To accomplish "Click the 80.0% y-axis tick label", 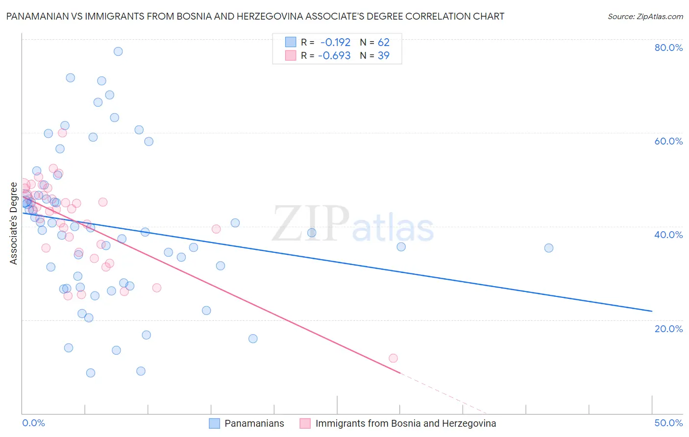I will pyautogui.click(x=668, y=48).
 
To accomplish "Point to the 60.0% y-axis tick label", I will pyautogui.click(x=668, y=141).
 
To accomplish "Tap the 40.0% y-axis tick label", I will pyautogui.click(x=668, y=235).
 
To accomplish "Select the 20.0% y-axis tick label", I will pyautogui.click(x=668, y=329).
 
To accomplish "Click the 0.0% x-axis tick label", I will pyautogui.click(x=33, y=423).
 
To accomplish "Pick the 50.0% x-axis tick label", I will pyautogui.click(x=668, y=423).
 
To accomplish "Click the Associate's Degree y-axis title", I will pyautogui.click(x=14, y=223).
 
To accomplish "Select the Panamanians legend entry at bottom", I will pyautogui.click(x=254, y=423).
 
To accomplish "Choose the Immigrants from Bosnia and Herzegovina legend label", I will pyautogui.click(x=405, y=423).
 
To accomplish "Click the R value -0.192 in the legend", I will pyautogui.click(x=335, y=42).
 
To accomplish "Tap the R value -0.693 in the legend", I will pyautogui.click(x=334, y=56).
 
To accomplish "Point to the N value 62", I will pyautogui.click(x=383, y=42).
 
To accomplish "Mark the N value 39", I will pyautogui.click(x=383, y=56).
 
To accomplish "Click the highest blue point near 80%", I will pyautogui.click(x=118, y=51).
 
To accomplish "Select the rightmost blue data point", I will pyautogui.click(x=549, y=248).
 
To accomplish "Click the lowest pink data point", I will pyautogui.click(x=393, y=358).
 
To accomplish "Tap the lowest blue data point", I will pyautogui.click(x=91, y=373).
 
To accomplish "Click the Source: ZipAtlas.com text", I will pyautogui.click(x=645, y=16).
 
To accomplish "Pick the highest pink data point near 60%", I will pyautogui.click(x=62, y=133).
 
